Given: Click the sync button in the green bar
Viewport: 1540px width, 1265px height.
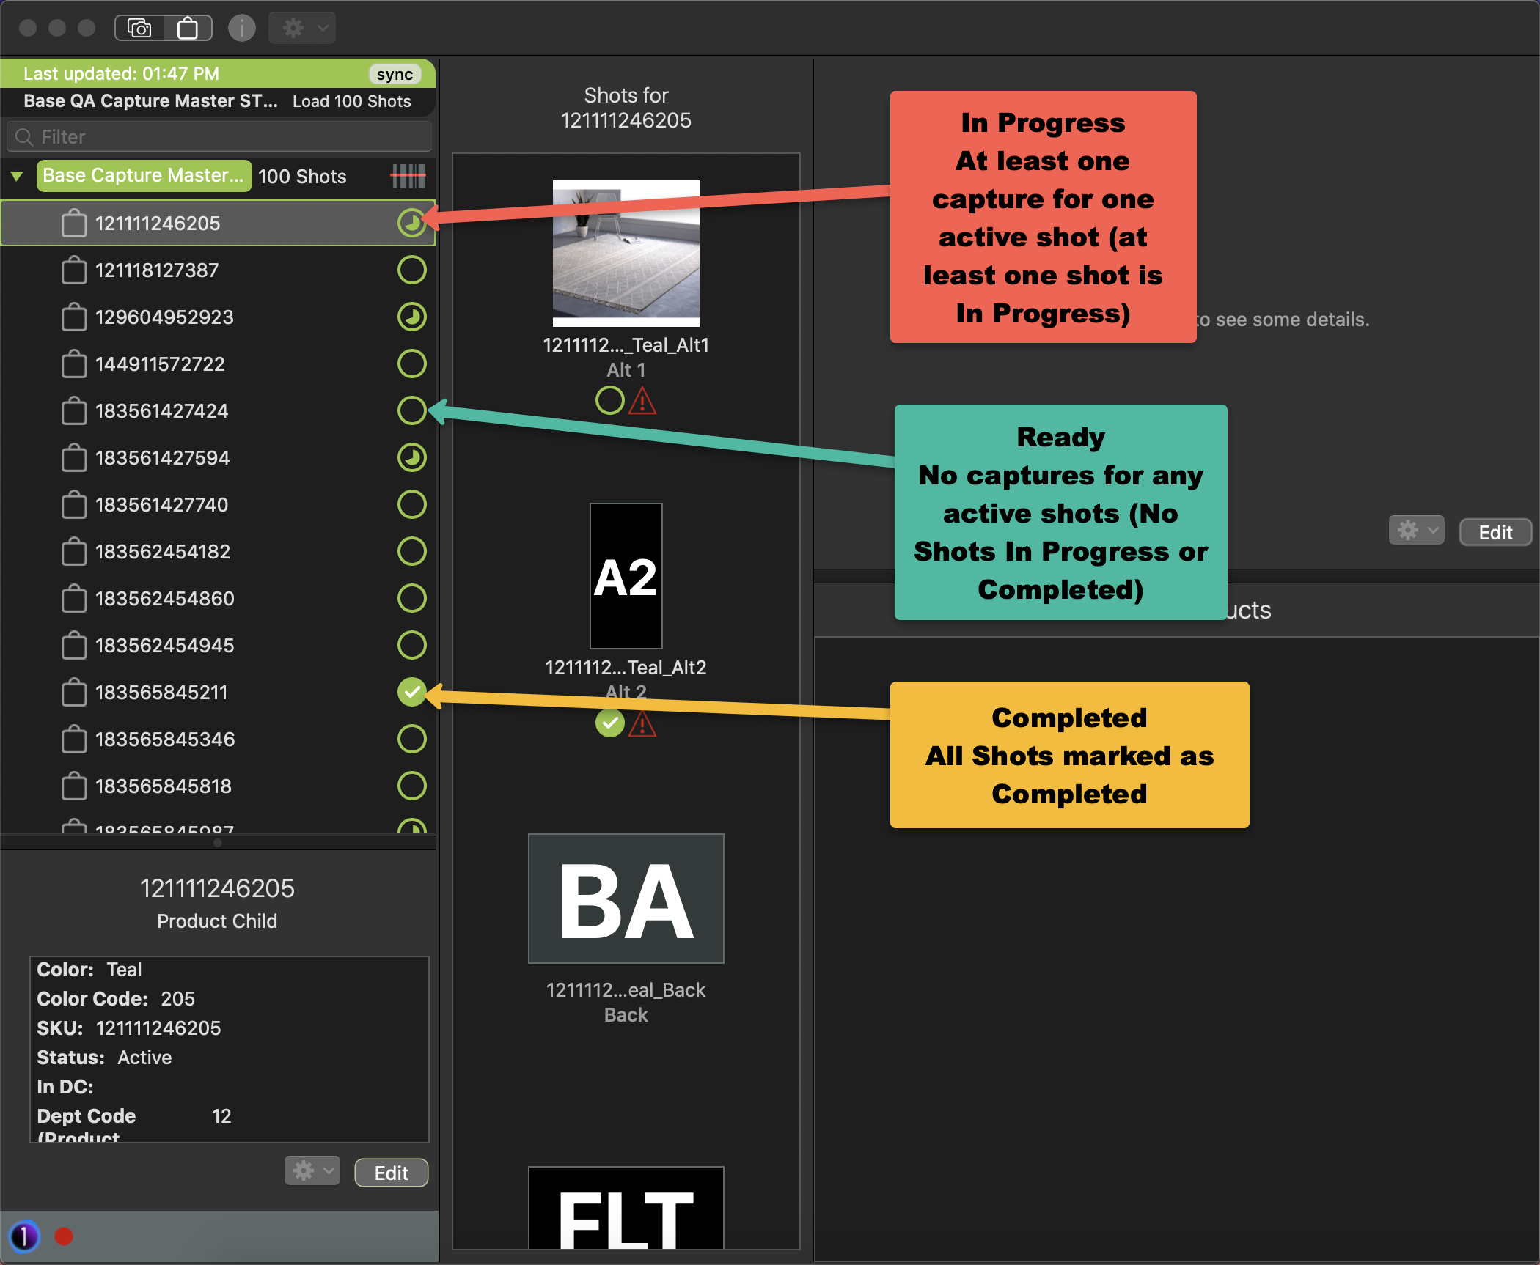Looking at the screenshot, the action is (395, 75).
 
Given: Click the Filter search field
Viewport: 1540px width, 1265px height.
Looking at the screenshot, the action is (220, 137).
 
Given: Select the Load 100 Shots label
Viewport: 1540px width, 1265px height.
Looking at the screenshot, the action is (351, 102).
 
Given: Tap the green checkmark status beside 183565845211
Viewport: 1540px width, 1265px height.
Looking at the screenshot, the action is (411, 692).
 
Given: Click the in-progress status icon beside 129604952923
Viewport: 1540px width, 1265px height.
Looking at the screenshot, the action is (411, 317).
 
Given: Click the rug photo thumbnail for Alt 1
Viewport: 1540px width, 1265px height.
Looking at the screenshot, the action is (626, 253).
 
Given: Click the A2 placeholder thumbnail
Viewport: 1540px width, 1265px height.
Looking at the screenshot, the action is (626, 576).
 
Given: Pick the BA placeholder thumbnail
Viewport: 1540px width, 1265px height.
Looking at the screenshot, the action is (626, 899).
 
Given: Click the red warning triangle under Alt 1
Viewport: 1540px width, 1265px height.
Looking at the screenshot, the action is (642, 402).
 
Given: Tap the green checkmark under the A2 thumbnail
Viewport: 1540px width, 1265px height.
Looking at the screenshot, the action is (609, 724).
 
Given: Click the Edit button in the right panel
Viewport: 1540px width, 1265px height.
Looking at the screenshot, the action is (1495, 532).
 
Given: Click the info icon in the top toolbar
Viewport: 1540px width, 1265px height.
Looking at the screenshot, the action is (241, 29).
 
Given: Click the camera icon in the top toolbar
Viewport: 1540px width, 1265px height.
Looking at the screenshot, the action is (139, 29).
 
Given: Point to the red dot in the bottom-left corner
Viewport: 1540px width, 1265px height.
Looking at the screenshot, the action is (64, 1236).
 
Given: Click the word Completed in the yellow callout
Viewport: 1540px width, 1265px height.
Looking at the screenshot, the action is (1068, 718).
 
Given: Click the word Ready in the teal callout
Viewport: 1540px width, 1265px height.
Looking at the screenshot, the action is (1060, 437).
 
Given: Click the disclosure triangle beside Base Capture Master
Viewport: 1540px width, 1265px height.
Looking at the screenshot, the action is (17, 176).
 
